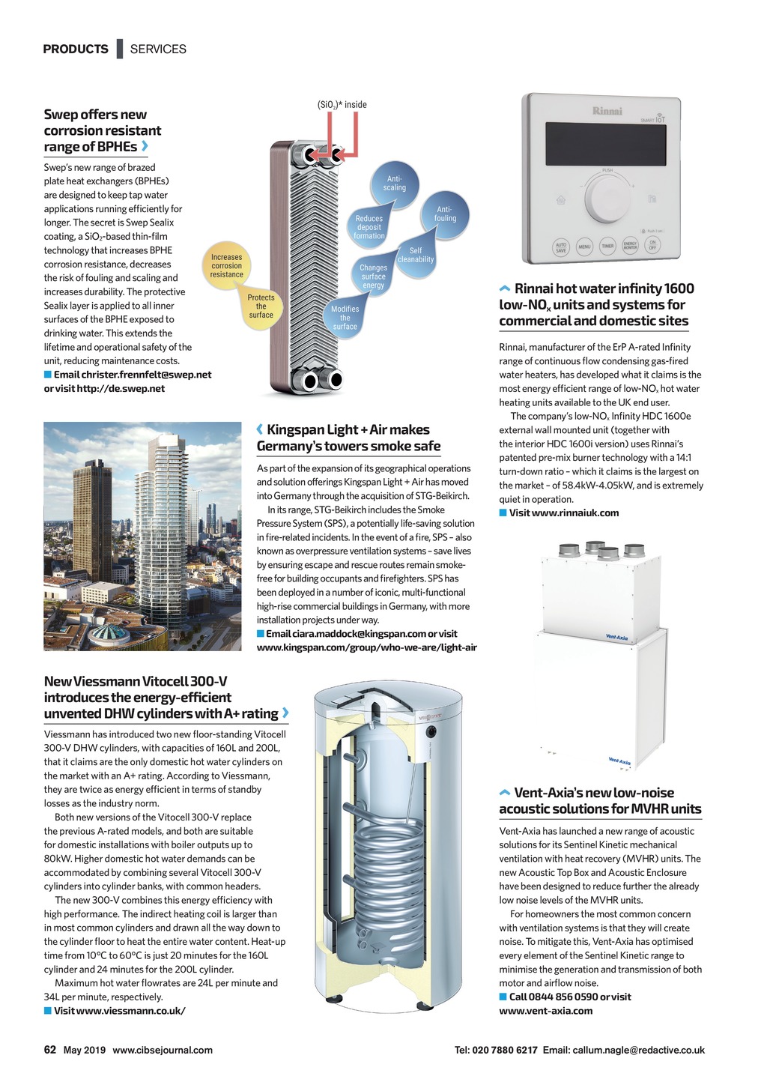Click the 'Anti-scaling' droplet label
click(x=394, y=183)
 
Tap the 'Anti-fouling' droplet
click(x=445, y=214)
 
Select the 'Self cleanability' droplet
click(x=416, y=255)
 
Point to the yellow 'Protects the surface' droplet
click(x=261, y=306)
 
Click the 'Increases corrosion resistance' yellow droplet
click(x=226, y=265)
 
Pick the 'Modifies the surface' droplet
click(x=345, y=317)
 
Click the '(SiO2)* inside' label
click(x=342, y=105)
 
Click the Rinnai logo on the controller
click(x=607, y=111)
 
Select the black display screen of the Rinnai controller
click(x=604, y=145)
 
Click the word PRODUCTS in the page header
click(x=76, y=49)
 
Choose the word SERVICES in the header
click(x=158, y=49)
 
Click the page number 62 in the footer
click(x=50, y=1050)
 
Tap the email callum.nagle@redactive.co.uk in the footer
click(x=638, y=1051)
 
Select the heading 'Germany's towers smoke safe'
click(x=348, y=447)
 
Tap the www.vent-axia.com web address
click(x=545, y=1011)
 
